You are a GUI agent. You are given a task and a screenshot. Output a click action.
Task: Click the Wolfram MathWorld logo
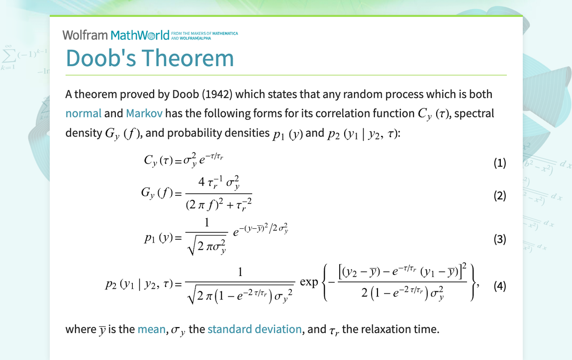(116, 35)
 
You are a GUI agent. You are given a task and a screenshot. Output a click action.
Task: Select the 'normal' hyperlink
(83, 113)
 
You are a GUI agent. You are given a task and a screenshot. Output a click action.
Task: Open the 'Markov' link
(144, 113)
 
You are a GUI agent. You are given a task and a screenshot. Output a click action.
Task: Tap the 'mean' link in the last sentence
(151, 329)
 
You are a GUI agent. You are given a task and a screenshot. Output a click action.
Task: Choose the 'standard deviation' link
(254, 329)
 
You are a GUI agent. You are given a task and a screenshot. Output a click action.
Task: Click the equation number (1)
(499, 163)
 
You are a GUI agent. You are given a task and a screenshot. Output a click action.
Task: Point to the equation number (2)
(499, 195)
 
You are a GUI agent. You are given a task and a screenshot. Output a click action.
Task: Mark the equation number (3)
(499, 239)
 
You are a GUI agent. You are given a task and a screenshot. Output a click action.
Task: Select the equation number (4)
(499, 286)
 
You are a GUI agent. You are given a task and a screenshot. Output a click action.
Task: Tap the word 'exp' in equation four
(309, 282)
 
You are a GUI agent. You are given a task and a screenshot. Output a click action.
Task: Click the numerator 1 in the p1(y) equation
(206, 224)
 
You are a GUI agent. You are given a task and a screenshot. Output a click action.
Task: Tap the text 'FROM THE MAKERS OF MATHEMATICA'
(204, 33)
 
